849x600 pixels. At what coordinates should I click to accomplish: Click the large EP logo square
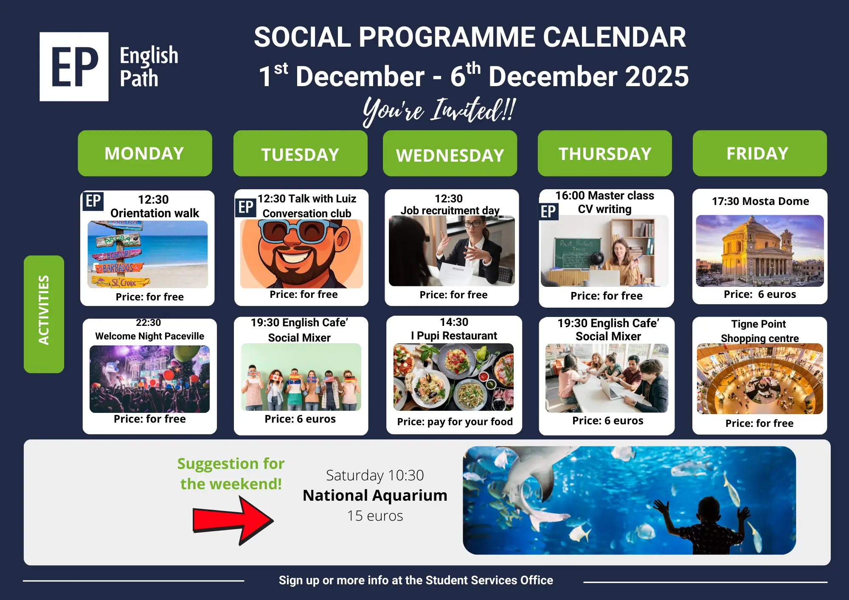74,67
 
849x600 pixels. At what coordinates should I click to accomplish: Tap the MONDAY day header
145,153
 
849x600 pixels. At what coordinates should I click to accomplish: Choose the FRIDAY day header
759,153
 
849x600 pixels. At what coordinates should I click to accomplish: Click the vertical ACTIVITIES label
44,314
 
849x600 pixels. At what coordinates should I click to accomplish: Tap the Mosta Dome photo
760,251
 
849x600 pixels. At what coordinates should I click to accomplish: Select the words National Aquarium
375,495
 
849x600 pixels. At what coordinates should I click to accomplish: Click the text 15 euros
375,516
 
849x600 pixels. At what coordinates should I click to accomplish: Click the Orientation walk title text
155,213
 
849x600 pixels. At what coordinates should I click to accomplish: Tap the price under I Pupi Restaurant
455,421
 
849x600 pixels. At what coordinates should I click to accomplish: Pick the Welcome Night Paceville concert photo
149,379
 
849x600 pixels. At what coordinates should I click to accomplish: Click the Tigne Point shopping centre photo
760,379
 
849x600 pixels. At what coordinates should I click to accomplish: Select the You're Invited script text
439,110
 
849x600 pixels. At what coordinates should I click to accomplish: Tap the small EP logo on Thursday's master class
548,211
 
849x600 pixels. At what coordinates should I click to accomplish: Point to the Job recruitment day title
450,210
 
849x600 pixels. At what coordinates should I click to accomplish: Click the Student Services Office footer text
489,580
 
